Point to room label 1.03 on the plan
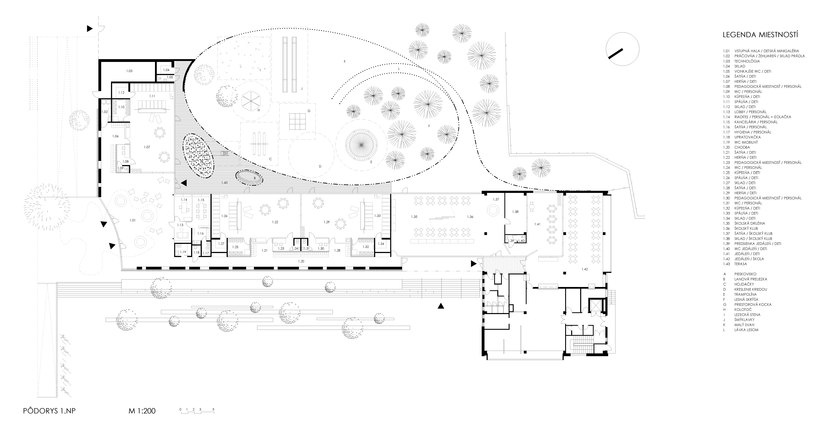tap(129, 71)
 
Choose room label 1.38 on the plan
tap(515, 212)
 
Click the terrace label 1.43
tap(225, 183)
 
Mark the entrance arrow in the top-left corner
tap(90, 29)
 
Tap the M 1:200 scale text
tap(142, 411)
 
